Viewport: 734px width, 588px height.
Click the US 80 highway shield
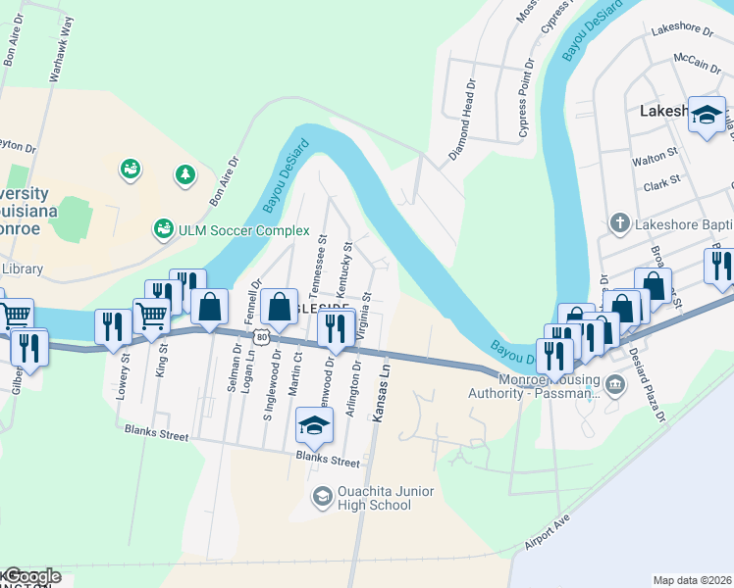click(x=260, y=337)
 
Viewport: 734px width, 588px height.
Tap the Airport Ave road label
click(x=547, y=531)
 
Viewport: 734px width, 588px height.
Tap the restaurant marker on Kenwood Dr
click(x=336, y=329)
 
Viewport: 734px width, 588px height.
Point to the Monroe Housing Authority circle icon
click(x=615, y=382)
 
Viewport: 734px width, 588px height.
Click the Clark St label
click(x=662, y=182)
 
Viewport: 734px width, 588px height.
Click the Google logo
click(x=32, y=576)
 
